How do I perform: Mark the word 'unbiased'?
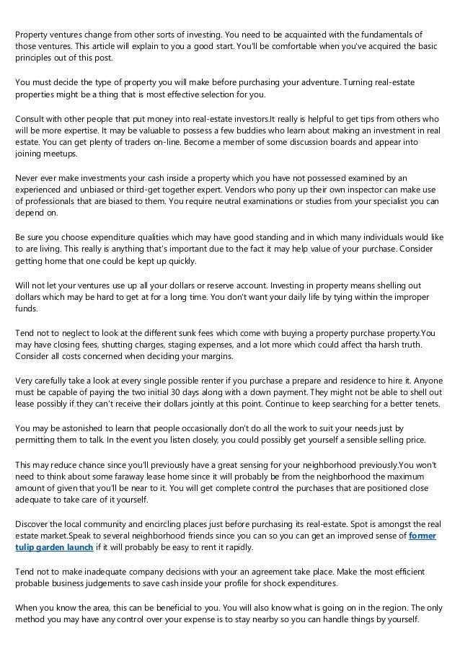click(x=102, y=190)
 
